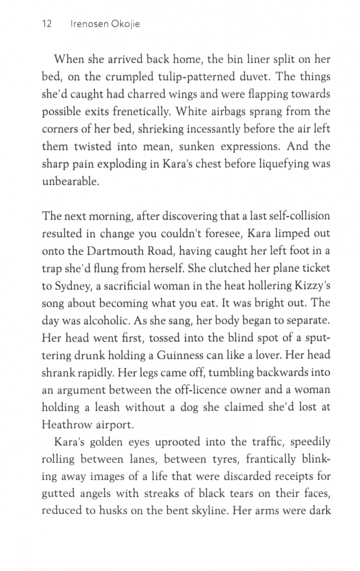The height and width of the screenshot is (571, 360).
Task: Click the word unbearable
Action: (x=70, y=181)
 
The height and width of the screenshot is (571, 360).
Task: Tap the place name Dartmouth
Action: (x=117, y=250)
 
